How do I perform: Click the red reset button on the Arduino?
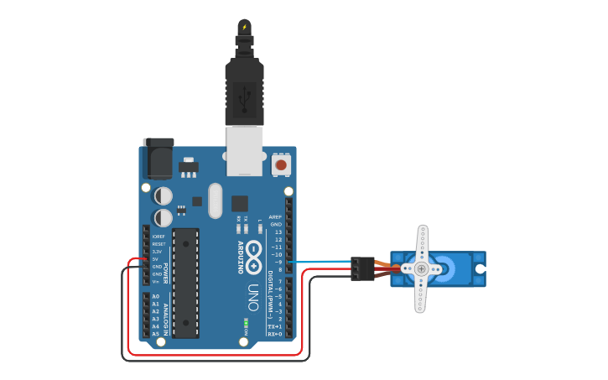(x=282, y=165)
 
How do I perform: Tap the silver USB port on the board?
(x=244, y=150)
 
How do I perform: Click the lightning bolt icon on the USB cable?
(x=244, y=27)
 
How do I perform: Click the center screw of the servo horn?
(x=422, y=268)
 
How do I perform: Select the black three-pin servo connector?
(x=362, y=268)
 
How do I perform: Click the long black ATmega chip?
(x=185, y=283)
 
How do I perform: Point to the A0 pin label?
(x=156, y=297)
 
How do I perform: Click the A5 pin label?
(x=156, y=334)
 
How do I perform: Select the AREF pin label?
(x=275, y=216)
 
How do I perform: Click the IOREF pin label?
(x=158, y=237)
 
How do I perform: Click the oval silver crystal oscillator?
(x=216, y=200)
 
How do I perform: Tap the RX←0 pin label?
(x=274, y=334)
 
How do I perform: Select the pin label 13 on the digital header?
(x=278, y=232)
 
